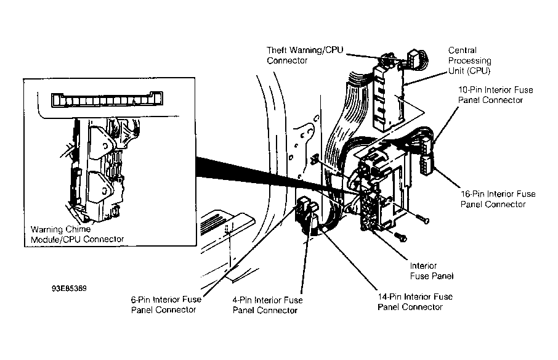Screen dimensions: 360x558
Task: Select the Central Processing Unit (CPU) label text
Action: point(469,61)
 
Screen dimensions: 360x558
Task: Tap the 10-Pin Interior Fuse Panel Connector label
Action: point(495,95)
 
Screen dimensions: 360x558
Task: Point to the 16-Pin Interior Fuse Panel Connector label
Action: point(498,198)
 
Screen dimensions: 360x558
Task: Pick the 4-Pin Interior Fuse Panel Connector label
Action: point(267,305)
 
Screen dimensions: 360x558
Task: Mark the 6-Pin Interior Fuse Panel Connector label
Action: point(164,305)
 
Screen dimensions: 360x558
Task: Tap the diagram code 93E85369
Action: point(68,287)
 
